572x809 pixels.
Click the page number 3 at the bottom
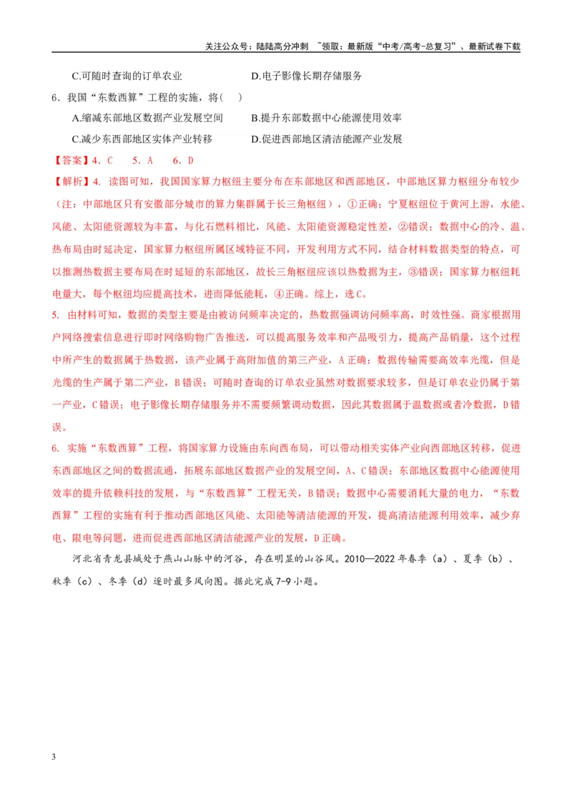click(x=54, y=757)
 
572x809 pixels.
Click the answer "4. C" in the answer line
click(x=102, y=161)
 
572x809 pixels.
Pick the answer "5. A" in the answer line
click(x=142, y=161)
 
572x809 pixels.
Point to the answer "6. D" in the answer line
click(x=183, y=161)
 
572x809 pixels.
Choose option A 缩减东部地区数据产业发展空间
click(x=147, y=118)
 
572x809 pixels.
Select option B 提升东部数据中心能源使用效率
click(x=326, y=118)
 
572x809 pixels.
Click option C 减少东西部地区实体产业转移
click(x=142, y=139)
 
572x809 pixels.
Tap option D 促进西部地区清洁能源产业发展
click(x=326, y=139)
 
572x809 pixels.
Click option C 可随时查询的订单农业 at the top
click(x=127, y=76)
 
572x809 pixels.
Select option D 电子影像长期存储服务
click(x=306, y=76)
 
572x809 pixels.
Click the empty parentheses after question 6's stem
click(x=231, y=97)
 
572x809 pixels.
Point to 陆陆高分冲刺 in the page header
click(x=282, y=46)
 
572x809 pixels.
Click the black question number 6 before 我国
click(x=55, y=97)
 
